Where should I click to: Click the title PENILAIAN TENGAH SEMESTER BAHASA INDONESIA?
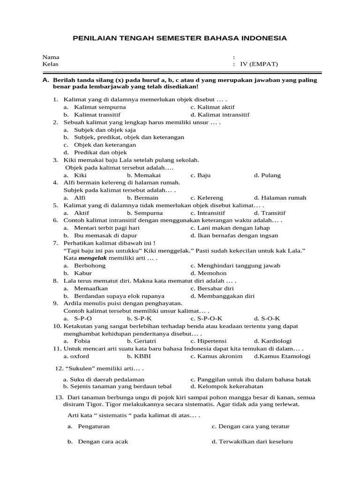coord(180,38)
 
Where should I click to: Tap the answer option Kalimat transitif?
coord(97,114)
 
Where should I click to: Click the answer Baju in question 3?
coord(204,175)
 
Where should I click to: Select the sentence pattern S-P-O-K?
coord(206,318)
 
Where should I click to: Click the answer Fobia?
coord(82,341)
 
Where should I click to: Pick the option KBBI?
coord(142,356)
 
